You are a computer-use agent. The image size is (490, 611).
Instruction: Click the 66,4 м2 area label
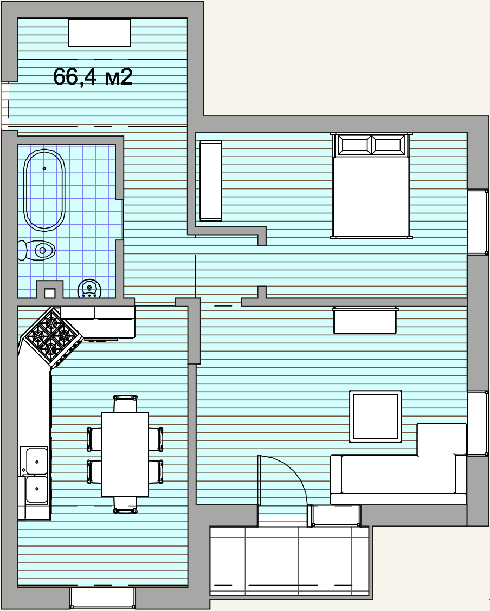click(92, 76)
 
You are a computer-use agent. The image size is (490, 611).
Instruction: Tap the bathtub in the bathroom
click(44, 190)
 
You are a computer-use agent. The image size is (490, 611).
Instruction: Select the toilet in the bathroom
click(36, 250)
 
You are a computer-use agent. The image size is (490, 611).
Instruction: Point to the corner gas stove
click(51, 337)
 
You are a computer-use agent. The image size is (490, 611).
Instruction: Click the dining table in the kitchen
click(125, 454)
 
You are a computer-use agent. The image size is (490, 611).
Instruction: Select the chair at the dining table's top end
click(125, 404)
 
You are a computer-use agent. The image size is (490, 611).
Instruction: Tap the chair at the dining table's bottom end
click(125, 505)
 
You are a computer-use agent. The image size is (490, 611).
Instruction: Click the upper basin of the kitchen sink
click(36, 461)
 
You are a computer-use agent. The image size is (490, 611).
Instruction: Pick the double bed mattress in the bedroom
click(371, 197)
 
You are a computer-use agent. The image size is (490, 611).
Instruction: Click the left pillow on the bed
click(354, 145)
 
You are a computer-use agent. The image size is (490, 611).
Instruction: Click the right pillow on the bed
click(389, 145)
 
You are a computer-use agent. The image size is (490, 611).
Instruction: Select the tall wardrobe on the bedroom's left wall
click(210, 181)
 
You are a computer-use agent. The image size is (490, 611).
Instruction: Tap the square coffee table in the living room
click(376, 416)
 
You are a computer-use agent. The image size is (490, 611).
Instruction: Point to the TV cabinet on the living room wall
click(365, 321)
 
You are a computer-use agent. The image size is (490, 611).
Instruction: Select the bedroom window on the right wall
click(478, 222)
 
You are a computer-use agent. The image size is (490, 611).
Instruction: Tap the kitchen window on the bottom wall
click(102, 598)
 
